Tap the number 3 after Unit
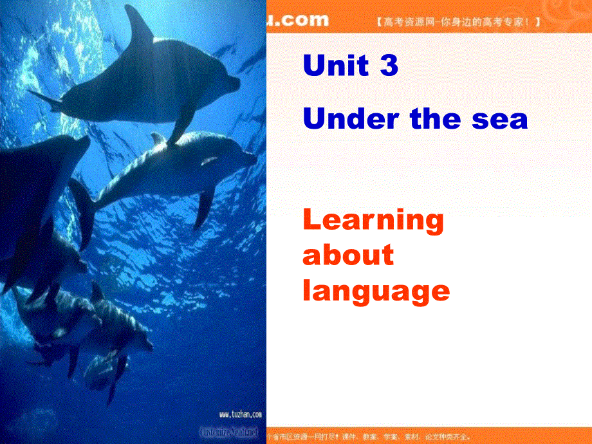389,66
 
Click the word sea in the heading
503,119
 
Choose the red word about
347,255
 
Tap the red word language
376,291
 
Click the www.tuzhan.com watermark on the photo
240,415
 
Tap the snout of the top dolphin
236,83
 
